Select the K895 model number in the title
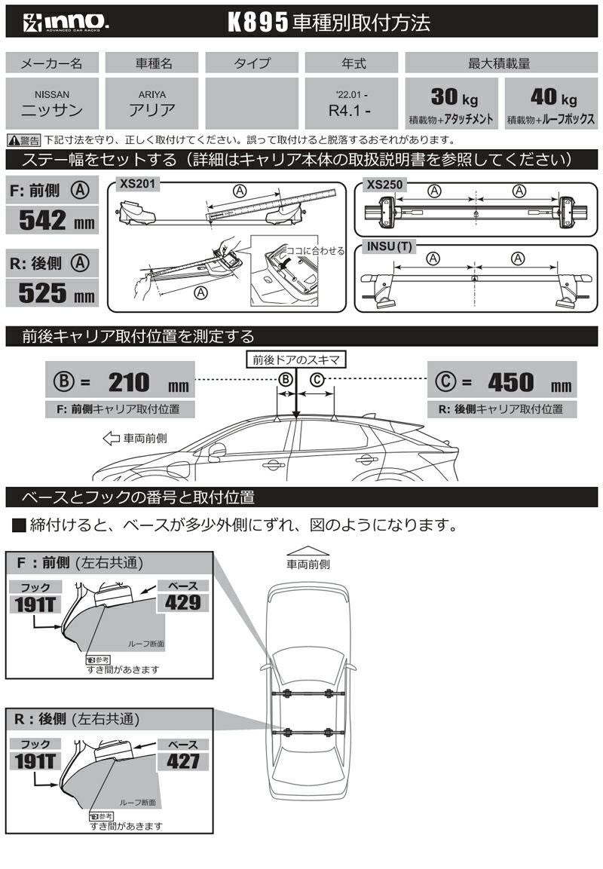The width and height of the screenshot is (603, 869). coord(259,23)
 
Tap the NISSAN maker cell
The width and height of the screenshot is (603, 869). coord(52,103)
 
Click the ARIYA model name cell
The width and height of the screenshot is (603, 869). coord(152,103)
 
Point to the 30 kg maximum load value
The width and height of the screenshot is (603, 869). coord(451,97)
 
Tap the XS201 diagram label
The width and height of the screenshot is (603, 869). coord(136,183)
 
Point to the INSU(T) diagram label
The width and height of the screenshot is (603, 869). coord(389,246)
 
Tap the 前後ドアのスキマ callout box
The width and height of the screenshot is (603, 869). coord(295,360)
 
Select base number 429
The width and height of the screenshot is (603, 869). coord(183,602)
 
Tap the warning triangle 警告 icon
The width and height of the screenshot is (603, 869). coord(14,140)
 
